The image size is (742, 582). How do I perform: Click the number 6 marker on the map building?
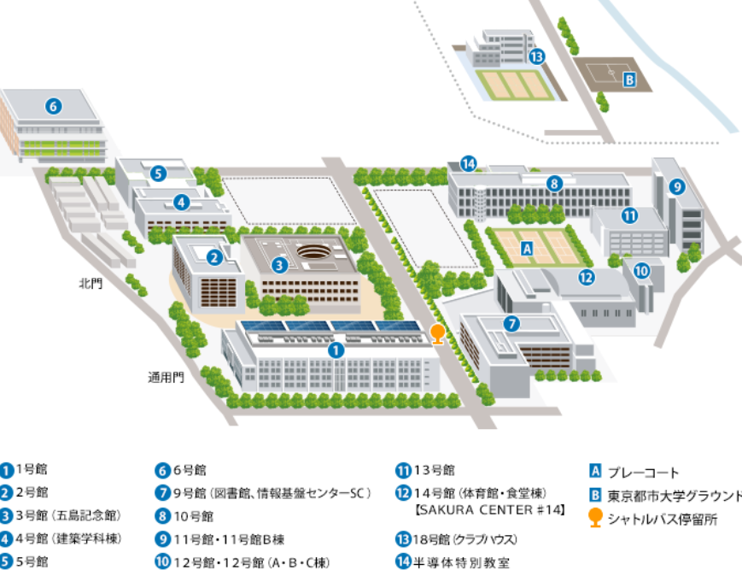click(53, 106)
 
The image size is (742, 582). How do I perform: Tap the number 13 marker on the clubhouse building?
click(536, 57)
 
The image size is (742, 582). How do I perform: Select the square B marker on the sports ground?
click(629, 80)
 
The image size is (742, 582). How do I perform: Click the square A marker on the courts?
click(527, 248)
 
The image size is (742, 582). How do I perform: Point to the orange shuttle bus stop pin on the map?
click(437, 332)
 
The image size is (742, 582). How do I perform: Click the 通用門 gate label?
click(166, 376)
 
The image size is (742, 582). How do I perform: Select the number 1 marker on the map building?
click(336, 350)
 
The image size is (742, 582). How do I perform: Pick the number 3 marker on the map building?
click(279, 265)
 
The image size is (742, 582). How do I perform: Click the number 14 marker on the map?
click(468, 163)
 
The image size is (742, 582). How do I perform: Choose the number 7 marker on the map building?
click(511, 324)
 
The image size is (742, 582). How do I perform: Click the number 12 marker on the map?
click(586, 276)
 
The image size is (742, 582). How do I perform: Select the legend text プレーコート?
click(643, 472)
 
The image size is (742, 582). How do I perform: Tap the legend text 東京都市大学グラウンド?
click(675, 496)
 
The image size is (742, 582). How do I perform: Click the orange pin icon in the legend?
click(596, 518)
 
